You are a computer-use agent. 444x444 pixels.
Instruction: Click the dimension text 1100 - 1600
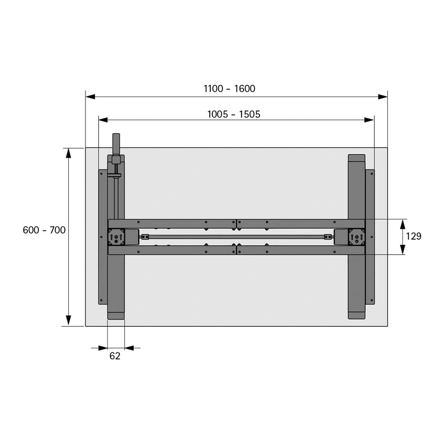point(229,89)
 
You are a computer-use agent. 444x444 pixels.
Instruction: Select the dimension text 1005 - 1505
point(234,114)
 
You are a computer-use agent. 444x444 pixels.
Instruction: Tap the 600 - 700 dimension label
point(44,230)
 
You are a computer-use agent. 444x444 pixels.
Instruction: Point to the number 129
point(413,236)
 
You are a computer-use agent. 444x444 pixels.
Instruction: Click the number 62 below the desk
point(115,356)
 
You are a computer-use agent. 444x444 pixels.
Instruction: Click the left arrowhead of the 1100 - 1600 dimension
point(90,97)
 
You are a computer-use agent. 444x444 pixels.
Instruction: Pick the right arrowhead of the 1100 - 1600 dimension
point(383,97)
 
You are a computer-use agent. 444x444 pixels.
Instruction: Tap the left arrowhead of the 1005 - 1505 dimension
point(103,120)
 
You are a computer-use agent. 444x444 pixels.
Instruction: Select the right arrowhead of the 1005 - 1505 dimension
point(369,120)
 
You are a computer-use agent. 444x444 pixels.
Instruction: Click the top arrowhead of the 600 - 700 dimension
point(68,153)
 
